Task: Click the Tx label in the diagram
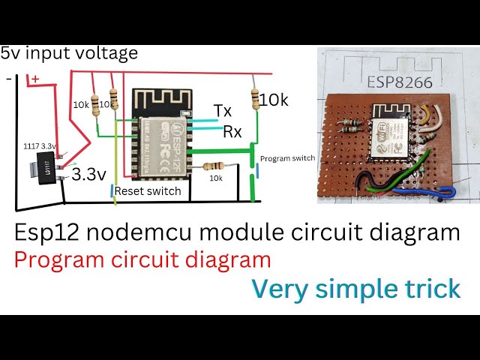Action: coord(223,111)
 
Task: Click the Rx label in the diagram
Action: coord(232,132)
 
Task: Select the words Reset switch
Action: coord(148,191)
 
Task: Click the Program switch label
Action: coord(288,159)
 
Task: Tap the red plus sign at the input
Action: coord(34,79)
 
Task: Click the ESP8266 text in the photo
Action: coord(399,82)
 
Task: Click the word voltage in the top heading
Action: coord(106,53)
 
